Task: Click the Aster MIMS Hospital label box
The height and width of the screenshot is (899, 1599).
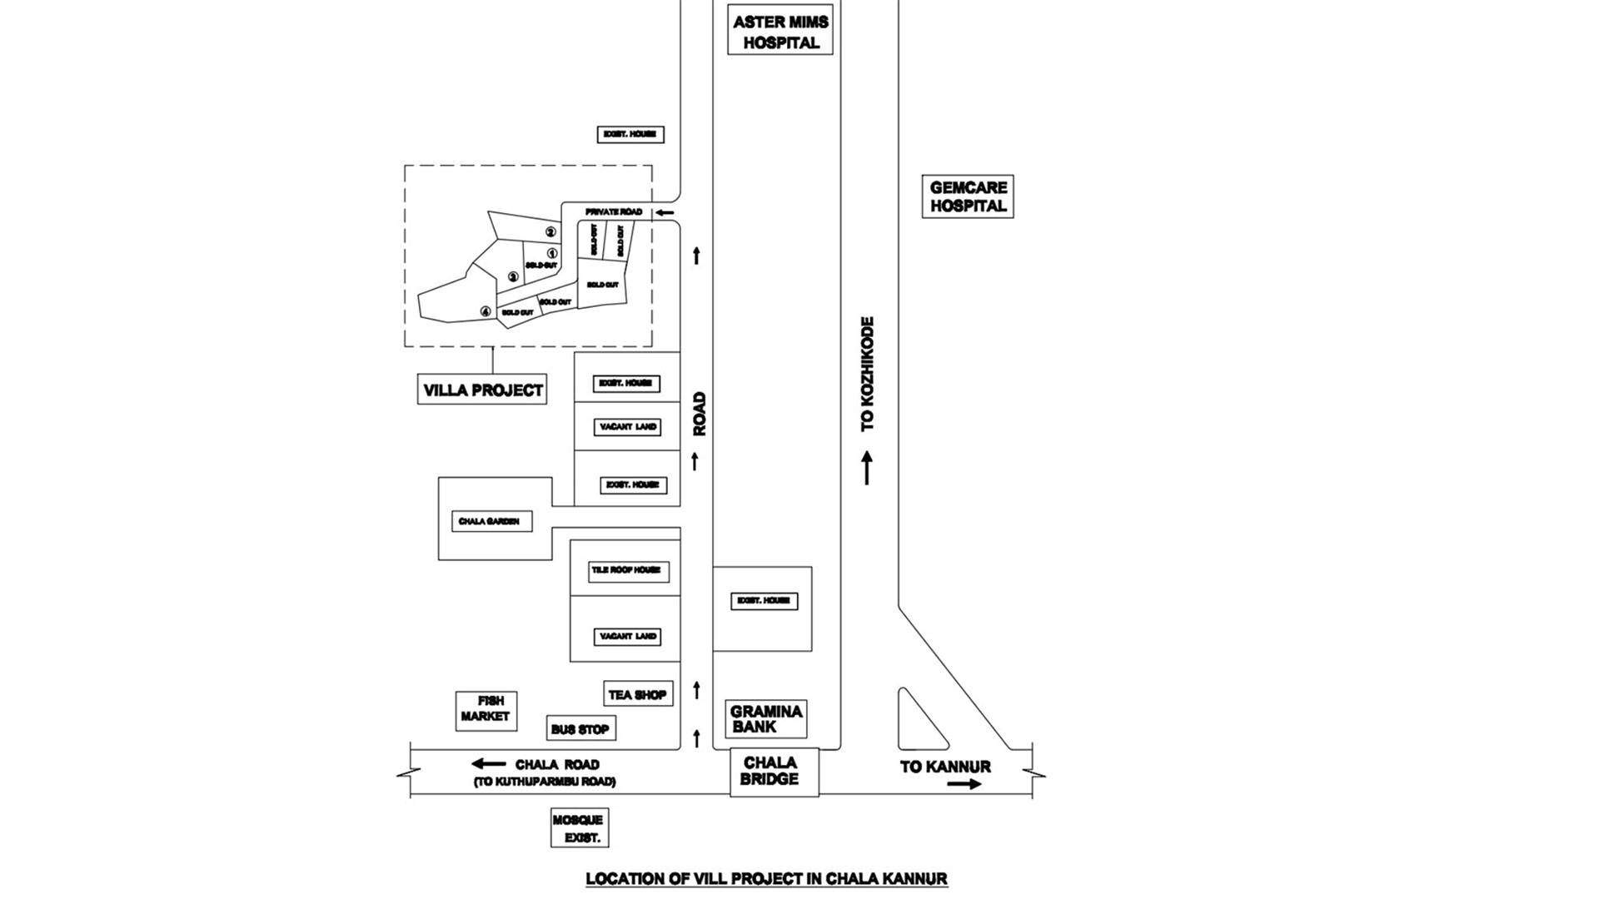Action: point(780,32)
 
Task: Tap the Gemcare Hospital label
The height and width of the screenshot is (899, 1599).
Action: point(968,196)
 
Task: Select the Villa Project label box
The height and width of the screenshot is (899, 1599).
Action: point(482,390)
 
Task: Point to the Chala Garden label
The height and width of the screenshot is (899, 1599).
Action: point(489,522)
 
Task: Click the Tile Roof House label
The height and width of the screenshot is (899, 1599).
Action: point(628,571)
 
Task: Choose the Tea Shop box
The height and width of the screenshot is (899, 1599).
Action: point(637,694)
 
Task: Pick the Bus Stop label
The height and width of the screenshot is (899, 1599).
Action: point(580,729)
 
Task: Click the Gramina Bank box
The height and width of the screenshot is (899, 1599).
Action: point(765,719)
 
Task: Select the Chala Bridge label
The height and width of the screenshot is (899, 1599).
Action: point(770,771)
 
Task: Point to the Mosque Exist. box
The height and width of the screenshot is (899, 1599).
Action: point(579,828)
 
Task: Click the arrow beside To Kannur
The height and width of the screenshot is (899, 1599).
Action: point(964,784)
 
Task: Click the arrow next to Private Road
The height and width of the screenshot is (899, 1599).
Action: point(664,212)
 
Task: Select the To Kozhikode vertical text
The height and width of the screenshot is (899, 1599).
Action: point(868,374)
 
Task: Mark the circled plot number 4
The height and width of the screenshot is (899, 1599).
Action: point(486,311)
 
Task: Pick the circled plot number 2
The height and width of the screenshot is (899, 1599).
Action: point(550,232)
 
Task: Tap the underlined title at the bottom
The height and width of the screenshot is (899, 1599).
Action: point(766,878)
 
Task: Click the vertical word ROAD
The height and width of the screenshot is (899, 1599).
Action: point(700,414)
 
